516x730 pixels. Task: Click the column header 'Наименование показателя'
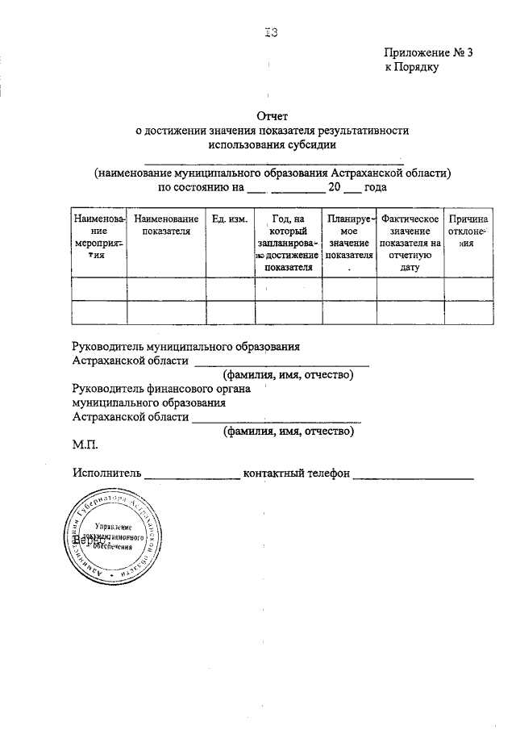click(x=166, y=225)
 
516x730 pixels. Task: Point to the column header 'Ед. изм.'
click(x=229, y=219)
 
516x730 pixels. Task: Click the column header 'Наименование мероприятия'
click(x=99, y=236)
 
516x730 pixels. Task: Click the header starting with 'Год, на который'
click(x=288, y=243)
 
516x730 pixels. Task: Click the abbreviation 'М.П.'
click(x=85, y=445)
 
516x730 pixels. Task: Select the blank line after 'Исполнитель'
click(x=192, y=478)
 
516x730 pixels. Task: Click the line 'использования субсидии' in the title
click(x=272, y=145)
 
